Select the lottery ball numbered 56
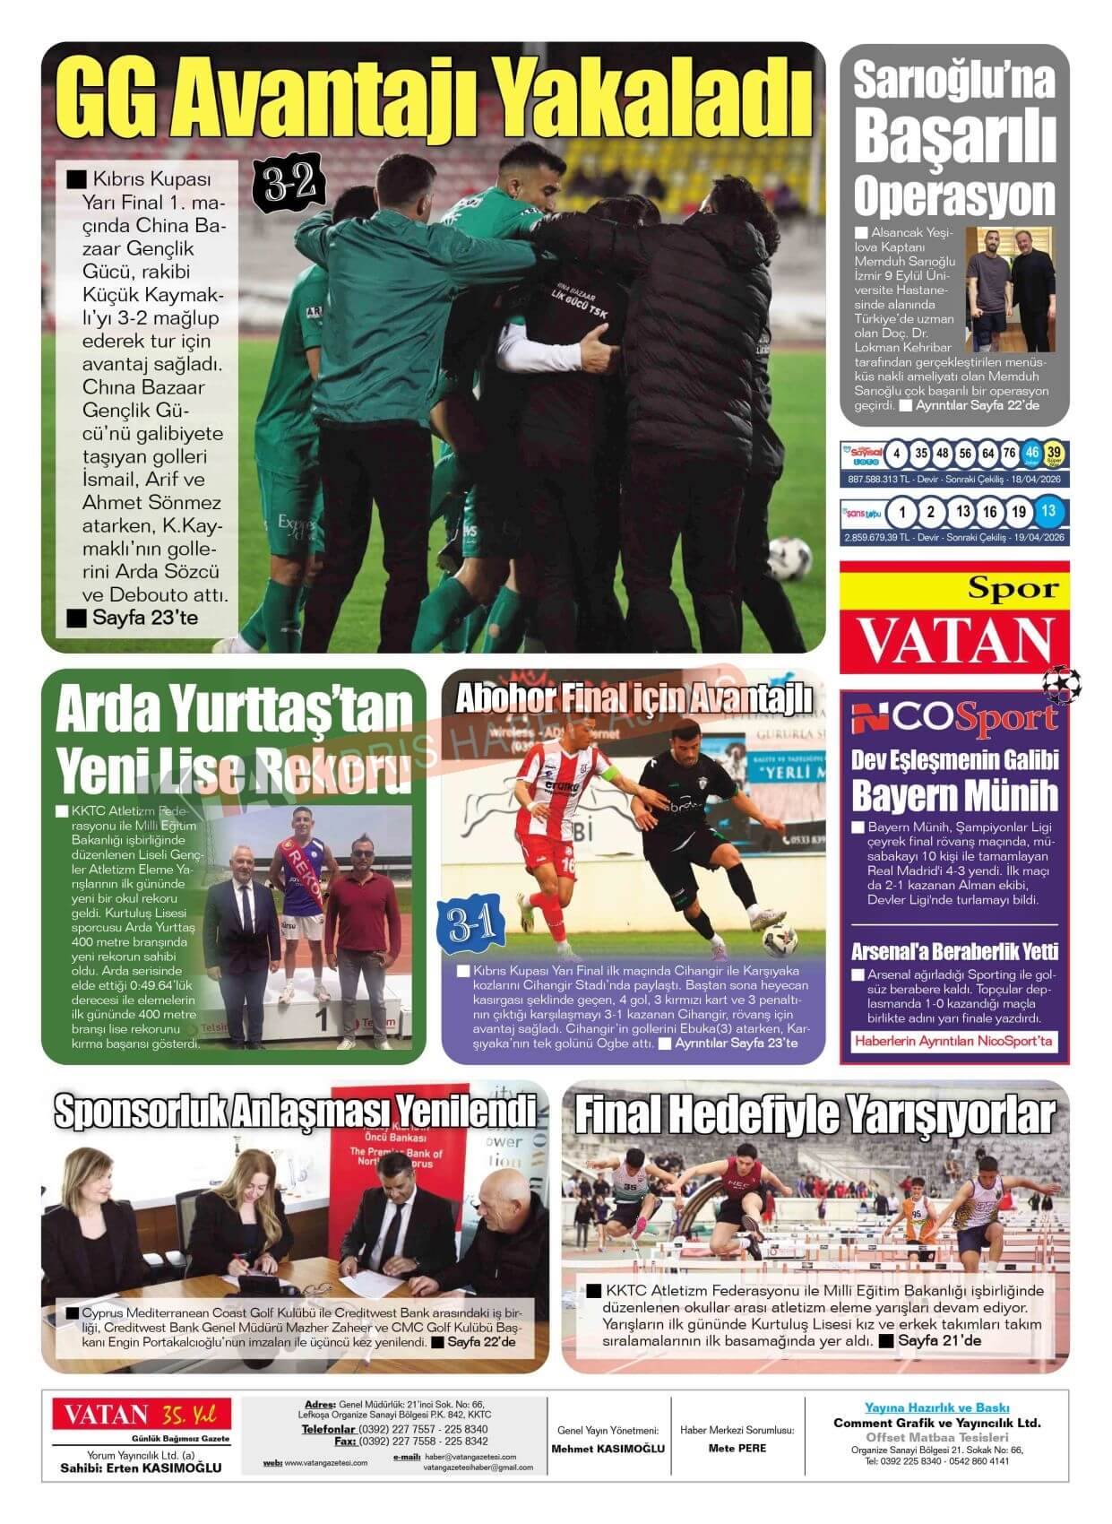point(965,454)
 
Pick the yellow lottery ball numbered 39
point(1054,454)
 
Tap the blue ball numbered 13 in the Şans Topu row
point(1047,512)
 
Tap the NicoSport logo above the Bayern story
point(954,718)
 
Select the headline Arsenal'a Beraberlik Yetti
point(954,951)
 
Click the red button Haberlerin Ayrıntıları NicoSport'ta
point(954,1041)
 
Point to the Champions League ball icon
point(1062,684)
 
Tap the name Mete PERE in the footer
point(737,1448)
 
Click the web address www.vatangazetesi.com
point(325,1463)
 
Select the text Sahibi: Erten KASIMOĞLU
point(141,1468)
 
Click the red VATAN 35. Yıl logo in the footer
point(141,1416)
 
